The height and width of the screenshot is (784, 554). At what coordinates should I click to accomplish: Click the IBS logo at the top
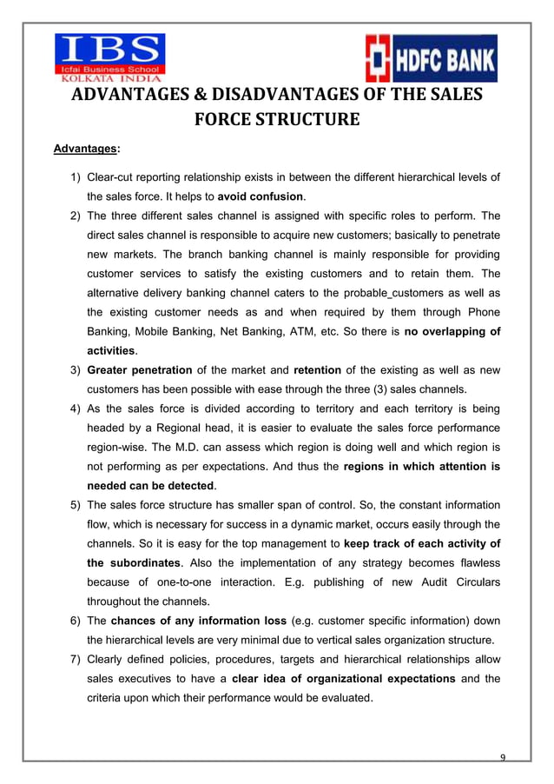click(x=109, y=54)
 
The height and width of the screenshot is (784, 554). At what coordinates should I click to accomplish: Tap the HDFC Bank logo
click(x=431, y=58)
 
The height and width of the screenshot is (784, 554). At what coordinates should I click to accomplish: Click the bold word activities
click(x=110, y=350)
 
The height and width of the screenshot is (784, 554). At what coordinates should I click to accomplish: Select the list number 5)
click(x=76, y=504)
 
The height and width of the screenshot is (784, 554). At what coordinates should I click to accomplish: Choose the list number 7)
click(x=76, y=659)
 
